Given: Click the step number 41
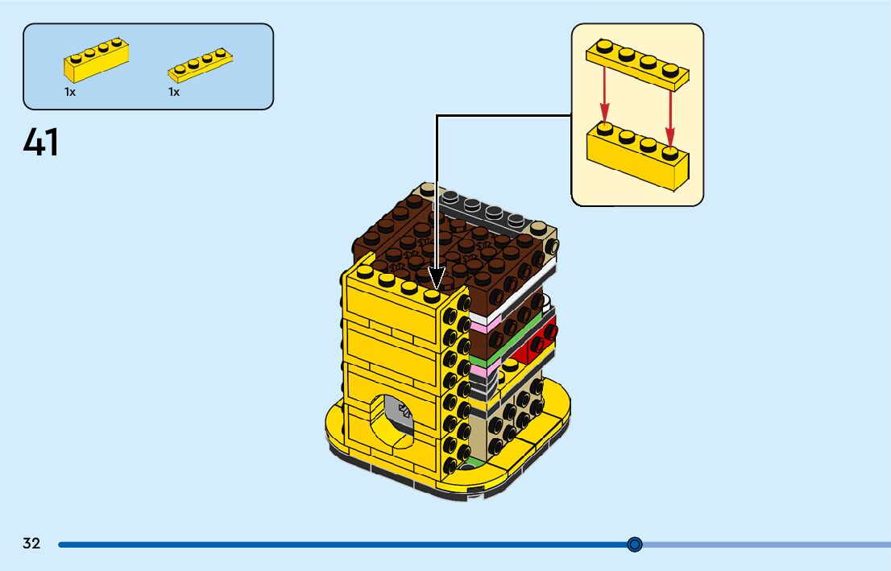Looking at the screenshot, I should [41, 143].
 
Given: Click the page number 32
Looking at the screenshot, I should [31, 544].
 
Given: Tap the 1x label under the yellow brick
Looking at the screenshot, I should [70, 92].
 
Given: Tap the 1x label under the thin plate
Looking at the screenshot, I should [174, 92].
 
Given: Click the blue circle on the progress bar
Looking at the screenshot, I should [635, 544].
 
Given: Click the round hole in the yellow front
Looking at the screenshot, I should [395, 418].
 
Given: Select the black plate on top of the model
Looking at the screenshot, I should [483, 208].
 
